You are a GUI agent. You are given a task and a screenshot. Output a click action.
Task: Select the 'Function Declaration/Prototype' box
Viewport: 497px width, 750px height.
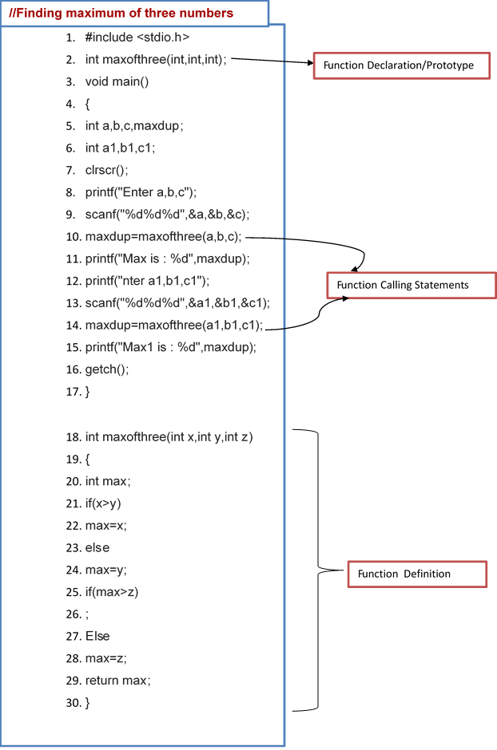(x=400, y=65)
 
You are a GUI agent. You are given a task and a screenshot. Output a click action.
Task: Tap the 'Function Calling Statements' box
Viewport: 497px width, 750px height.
(x=412, y=285)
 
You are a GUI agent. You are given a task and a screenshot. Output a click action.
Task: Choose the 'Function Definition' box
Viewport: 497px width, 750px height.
(x=416, y=574)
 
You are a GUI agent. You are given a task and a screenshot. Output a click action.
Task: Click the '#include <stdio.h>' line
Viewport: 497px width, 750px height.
(x=137, y=37)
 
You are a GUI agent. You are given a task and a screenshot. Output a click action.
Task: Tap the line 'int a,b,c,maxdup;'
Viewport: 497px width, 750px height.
(x=134, y=126)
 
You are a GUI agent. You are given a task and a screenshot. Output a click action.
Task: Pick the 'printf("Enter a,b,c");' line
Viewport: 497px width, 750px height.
(x=141, y=192)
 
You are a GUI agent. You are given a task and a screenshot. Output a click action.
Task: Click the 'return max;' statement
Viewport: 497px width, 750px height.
(x=118, y=681)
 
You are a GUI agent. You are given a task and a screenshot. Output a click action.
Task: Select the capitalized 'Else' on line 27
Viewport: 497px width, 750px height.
(x=97, y=637)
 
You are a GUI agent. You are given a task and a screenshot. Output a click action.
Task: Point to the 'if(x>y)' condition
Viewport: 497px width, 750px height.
(x=103, y=503)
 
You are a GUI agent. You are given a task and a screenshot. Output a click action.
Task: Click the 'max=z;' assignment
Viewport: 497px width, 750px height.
(x=105, y=658)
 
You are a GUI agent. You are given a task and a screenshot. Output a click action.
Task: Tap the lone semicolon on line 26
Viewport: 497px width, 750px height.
(x=87, y=614)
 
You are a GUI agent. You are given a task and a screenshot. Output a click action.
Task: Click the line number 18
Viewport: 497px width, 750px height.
(x=73, y=437)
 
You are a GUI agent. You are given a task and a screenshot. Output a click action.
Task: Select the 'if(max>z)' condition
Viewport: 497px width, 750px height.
(x=111, y=592)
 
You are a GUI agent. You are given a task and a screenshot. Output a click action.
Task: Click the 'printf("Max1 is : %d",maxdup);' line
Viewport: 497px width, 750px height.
(x=170, y=347)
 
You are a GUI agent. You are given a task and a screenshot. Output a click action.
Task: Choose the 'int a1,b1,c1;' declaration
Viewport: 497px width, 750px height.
(x=120, y=148)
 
